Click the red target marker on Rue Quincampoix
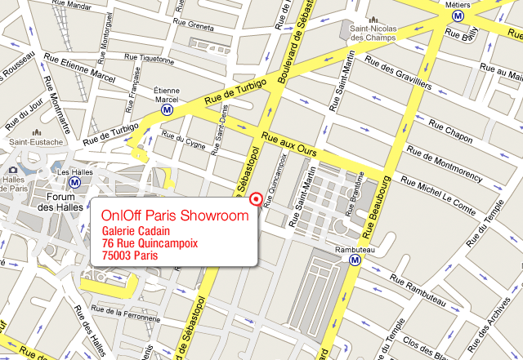point(256,198)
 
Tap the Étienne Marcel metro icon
point(168,109)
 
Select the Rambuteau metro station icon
point(355,260)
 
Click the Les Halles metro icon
point(74,183)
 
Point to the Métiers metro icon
point(459,15)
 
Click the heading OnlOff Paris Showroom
point(174,216)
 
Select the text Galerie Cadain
point(136,233)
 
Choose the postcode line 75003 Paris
point(129,256)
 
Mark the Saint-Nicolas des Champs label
point(372,32)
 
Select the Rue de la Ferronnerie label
point(132,312)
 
